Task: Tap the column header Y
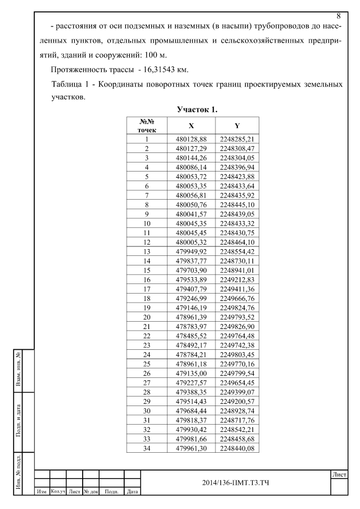237,125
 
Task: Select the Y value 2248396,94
237,167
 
